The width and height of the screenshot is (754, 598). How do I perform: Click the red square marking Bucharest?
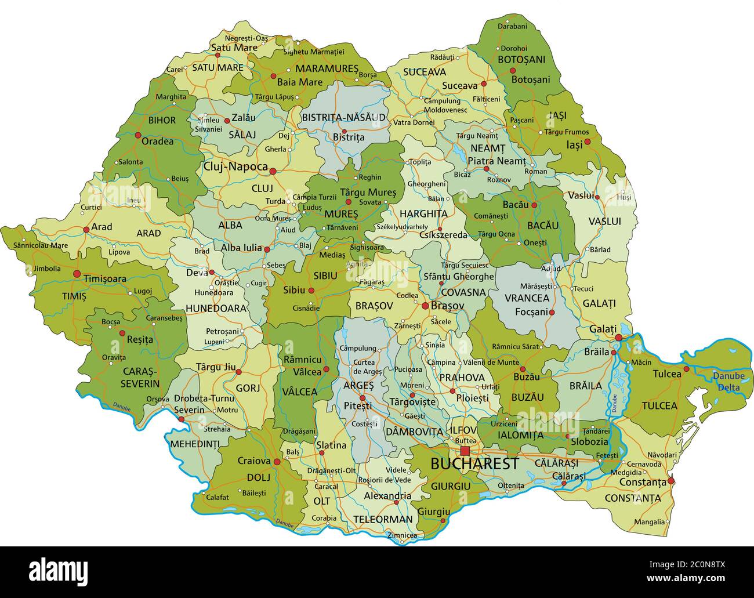point(465,451)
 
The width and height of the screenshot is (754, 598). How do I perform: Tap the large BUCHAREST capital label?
point(474,464)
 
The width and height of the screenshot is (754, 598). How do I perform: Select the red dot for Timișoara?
point(77,273)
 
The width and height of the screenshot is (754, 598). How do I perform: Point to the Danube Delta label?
point(728,381)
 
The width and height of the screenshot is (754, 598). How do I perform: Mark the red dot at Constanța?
point(671,481)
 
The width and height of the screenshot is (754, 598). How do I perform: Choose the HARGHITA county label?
point(423,213)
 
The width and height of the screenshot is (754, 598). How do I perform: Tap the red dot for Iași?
point(587,141)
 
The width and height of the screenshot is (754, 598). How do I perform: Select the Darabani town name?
point(512,26)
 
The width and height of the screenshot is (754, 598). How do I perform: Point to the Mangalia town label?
point(649,521)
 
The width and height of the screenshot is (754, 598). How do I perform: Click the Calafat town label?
point(217,497)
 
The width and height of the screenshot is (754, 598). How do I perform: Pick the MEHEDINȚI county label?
point(195,444)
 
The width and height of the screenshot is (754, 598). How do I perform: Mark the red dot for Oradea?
point(138,135)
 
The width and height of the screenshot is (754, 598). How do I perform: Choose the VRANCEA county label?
point(527,298)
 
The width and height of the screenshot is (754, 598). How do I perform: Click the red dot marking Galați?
point(619,338)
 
